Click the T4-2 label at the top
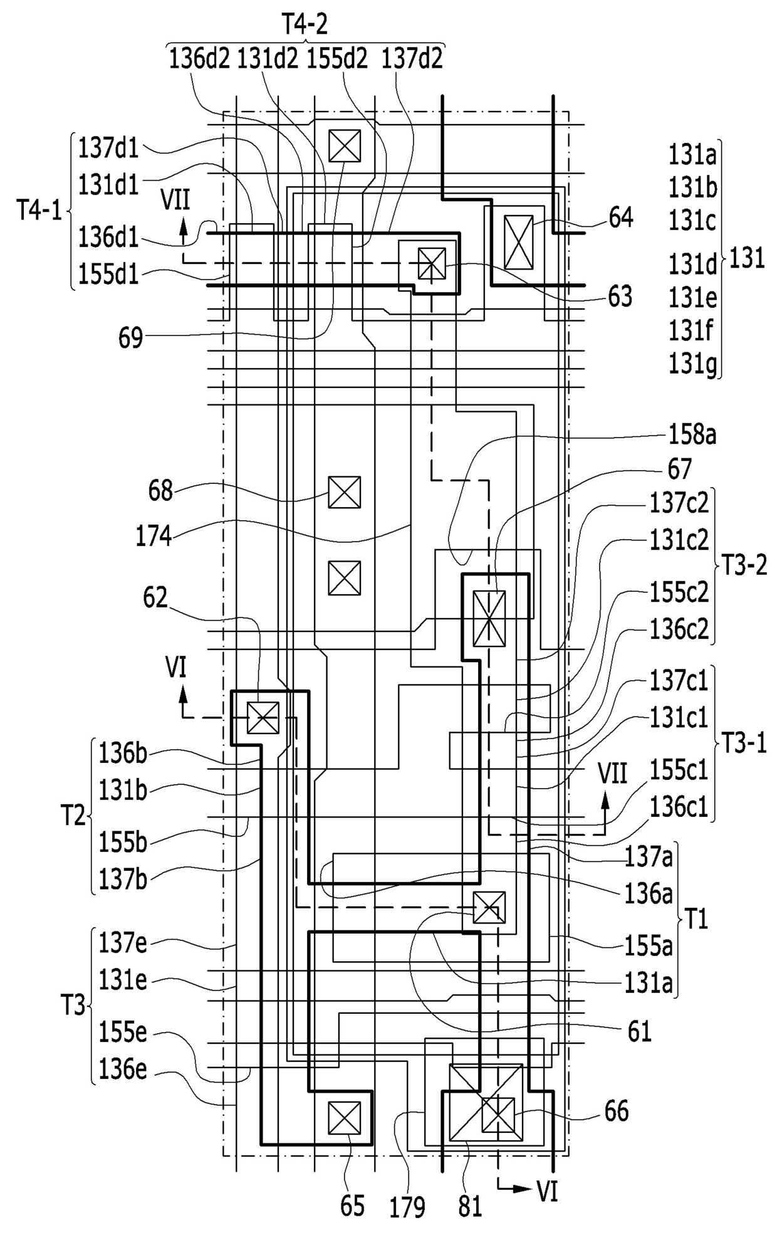305,24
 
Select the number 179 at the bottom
407,1207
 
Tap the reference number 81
470,1207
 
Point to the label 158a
692,434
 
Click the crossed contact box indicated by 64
518,243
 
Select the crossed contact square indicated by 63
432,263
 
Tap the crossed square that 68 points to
345,492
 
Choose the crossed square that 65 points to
345,1118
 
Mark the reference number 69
131,339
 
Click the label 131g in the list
693,364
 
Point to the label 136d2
200,59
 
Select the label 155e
123,1033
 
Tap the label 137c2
679,502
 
